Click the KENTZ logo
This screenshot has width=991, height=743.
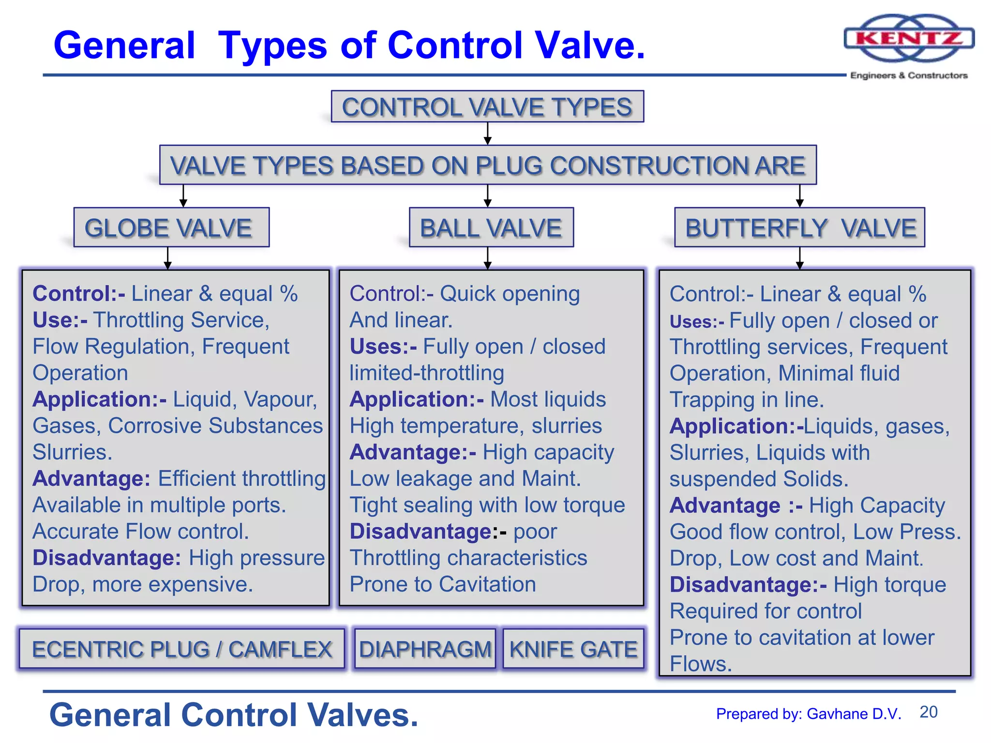tap(909, 38)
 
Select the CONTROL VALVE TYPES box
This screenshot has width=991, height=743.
tap(487, 107)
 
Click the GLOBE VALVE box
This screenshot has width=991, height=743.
tap(171, 228)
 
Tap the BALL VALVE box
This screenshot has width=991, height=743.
tap(491, 228)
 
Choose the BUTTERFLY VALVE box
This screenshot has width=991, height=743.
tap(799, 228)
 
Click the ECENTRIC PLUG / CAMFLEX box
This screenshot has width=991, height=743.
tap(182, 649)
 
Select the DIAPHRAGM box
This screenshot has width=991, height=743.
tap(425, 649)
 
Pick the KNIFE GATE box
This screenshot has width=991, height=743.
tap(573, 649)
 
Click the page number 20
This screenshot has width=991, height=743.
tap(928, 712)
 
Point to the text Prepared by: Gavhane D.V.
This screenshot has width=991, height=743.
tap(809, 714)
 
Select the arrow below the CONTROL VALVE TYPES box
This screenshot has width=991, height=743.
tap(488, 134)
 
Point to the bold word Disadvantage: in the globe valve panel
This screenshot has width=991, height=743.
tap(107, 558)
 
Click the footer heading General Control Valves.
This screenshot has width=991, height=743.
tap(234, 715)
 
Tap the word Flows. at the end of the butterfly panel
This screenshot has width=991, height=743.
tap(700, 664)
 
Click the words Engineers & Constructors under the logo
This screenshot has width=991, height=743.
tap(909, 75)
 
